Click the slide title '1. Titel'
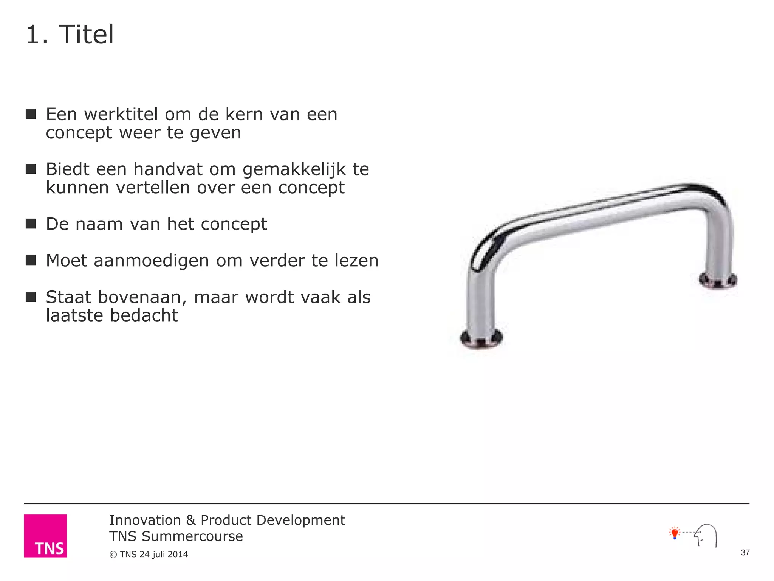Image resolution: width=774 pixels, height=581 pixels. [70, 35]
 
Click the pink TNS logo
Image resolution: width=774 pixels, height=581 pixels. [45, 536]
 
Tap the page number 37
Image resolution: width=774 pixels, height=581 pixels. [745, 553]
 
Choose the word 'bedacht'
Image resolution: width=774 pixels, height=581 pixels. [144, 315]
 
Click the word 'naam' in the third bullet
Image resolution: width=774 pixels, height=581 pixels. [99, 224]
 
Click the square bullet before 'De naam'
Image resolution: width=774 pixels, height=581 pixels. [31, 224]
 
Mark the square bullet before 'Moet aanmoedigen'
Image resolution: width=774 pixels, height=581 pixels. [31, 260]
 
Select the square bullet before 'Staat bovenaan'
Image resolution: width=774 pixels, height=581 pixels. [31, 297]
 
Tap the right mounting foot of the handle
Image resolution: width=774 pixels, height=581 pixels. [717, 280]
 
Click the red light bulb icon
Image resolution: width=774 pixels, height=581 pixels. [675, 533]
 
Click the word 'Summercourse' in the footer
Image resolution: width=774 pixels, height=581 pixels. [192, 536]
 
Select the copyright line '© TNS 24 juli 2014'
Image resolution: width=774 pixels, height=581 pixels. [149, 555]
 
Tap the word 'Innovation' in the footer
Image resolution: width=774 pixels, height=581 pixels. [145, 520]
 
